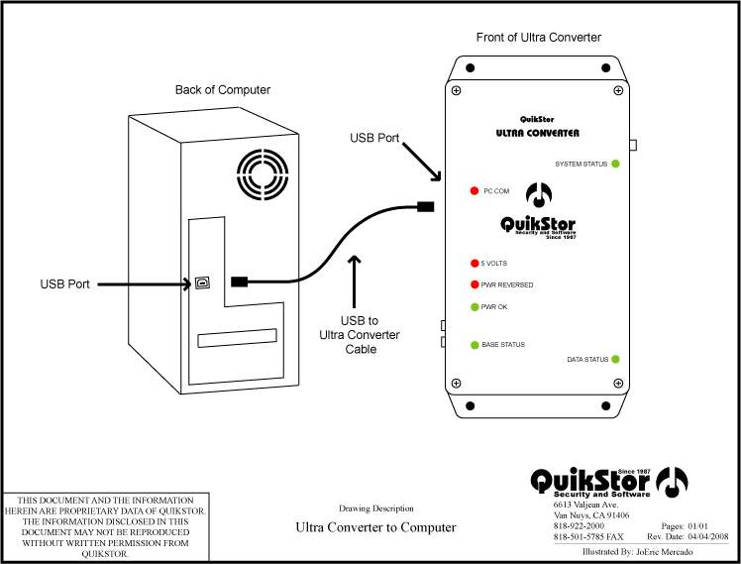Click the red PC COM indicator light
pyautogui.click(x=474, y=191)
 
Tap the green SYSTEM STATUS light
pyautogui.click(x=615, y=165)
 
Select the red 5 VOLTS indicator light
pyautogui.click(x=475, y=264)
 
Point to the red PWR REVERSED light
pyautogui.click(x=475, y=284)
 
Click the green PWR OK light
pyautogui.click(x=475, y=307)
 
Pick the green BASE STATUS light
pyautogui.click(x=475, y=345)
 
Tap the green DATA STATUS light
pyautogui.click(x=615, y=359)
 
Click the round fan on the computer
pyautogui.click(x=263, y=174)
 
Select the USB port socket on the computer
pyautogui.click(x=203, y=283)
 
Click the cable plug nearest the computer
pyautogui.click(x=239, y=282)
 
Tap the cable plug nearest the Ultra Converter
pyautogui.click(x=425, y=206)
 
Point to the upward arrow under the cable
pyautogui.click(x=354, y=282)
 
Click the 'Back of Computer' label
pyautogui.click(x=223, y=90)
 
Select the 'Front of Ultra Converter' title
pyautogui.click(x=538, y=38)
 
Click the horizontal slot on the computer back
pyautogui.click(x=237, y=338)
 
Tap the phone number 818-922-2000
pyautogui.click(x=579, y=525)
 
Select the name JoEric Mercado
pyautogui.click(x=664, y=552)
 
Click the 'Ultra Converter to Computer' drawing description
pyautogui.click(x=375, y=527)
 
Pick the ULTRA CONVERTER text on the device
pyautogui.click(x=537, y=133)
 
